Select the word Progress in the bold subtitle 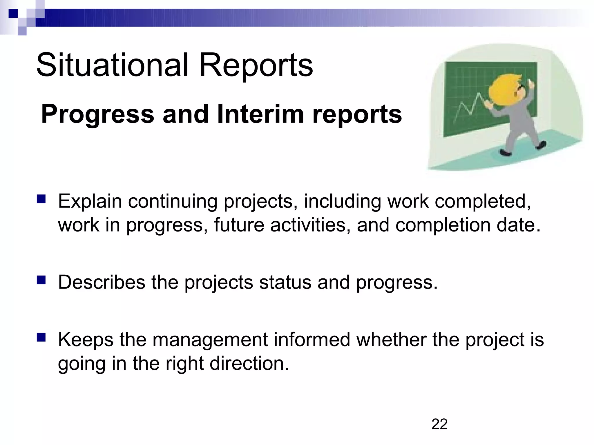click(97, 114)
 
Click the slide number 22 click(439, 424)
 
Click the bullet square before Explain click(41, 199)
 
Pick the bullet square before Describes click(41, 280)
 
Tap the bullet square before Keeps click(41, 338)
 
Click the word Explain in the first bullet click(90, 201)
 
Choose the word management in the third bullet click(210, 340)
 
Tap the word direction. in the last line click(249, 364)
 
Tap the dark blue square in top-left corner click(13, 13)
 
